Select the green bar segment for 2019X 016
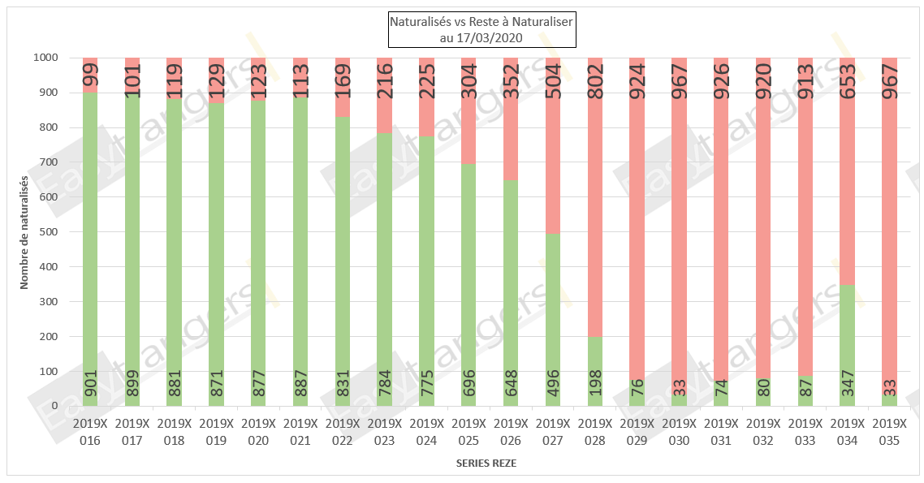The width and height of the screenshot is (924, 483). (90, 244)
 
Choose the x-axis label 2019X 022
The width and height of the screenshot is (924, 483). (343, 431)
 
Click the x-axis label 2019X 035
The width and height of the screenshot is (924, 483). (890, 431)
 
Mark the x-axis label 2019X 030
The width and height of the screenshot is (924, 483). (680, 431)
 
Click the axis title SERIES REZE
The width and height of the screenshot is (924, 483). (485, 464)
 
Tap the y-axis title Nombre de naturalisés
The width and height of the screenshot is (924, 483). (24, 232)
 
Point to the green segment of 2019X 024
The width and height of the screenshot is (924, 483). (427, 268)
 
